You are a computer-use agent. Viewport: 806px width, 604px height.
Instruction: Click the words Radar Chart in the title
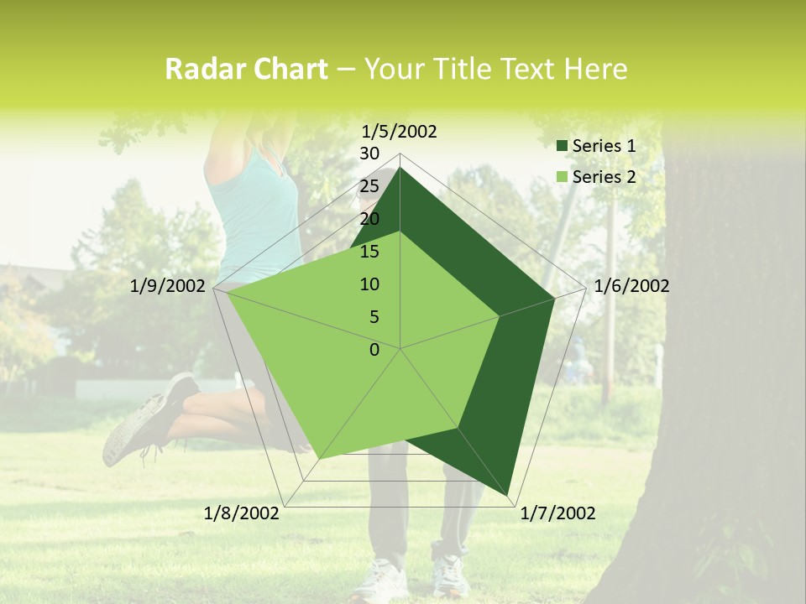click(246, 70)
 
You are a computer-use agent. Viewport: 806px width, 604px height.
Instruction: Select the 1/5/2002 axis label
click(400, 131)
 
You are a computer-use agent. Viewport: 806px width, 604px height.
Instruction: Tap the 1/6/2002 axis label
click(631, 286)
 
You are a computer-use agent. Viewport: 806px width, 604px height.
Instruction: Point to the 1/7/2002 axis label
click(557, 513)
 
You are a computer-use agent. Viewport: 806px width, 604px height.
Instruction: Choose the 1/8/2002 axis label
click(242, 513)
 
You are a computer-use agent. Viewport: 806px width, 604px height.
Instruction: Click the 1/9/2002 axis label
click(168, 286)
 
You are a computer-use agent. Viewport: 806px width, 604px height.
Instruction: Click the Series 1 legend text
click(604, 146)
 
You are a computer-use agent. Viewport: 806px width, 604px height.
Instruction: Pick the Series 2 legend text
click(604, 177)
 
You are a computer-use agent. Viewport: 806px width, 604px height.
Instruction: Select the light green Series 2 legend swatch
click(561, 177)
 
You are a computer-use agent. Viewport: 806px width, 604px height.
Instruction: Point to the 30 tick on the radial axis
click(369, 154)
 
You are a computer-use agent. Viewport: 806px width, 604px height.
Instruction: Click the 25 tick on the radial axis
click(369, 186)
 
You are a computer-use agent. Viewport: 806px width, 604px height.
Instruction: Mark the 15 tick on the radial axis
click(369, 252)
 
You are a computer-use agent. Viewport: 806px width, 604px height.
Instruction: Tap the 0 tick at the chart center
click(374, 350)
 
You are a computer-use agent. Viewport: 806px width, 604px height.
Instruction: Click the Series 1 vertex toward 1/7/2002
click(509, 496)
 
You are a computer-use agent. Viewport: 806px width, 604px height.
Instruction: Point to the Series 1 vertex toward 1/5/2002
click(400, 168)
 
